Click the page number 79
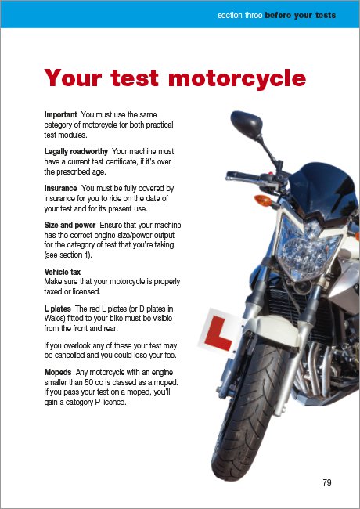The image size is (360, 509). pos(326,482)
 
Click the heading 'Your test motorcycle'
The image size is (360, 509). pos(175,78)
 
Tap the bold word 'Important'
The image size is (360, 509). pos(60,115)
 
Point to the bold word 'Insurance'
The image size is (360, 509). pos(60,189)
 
